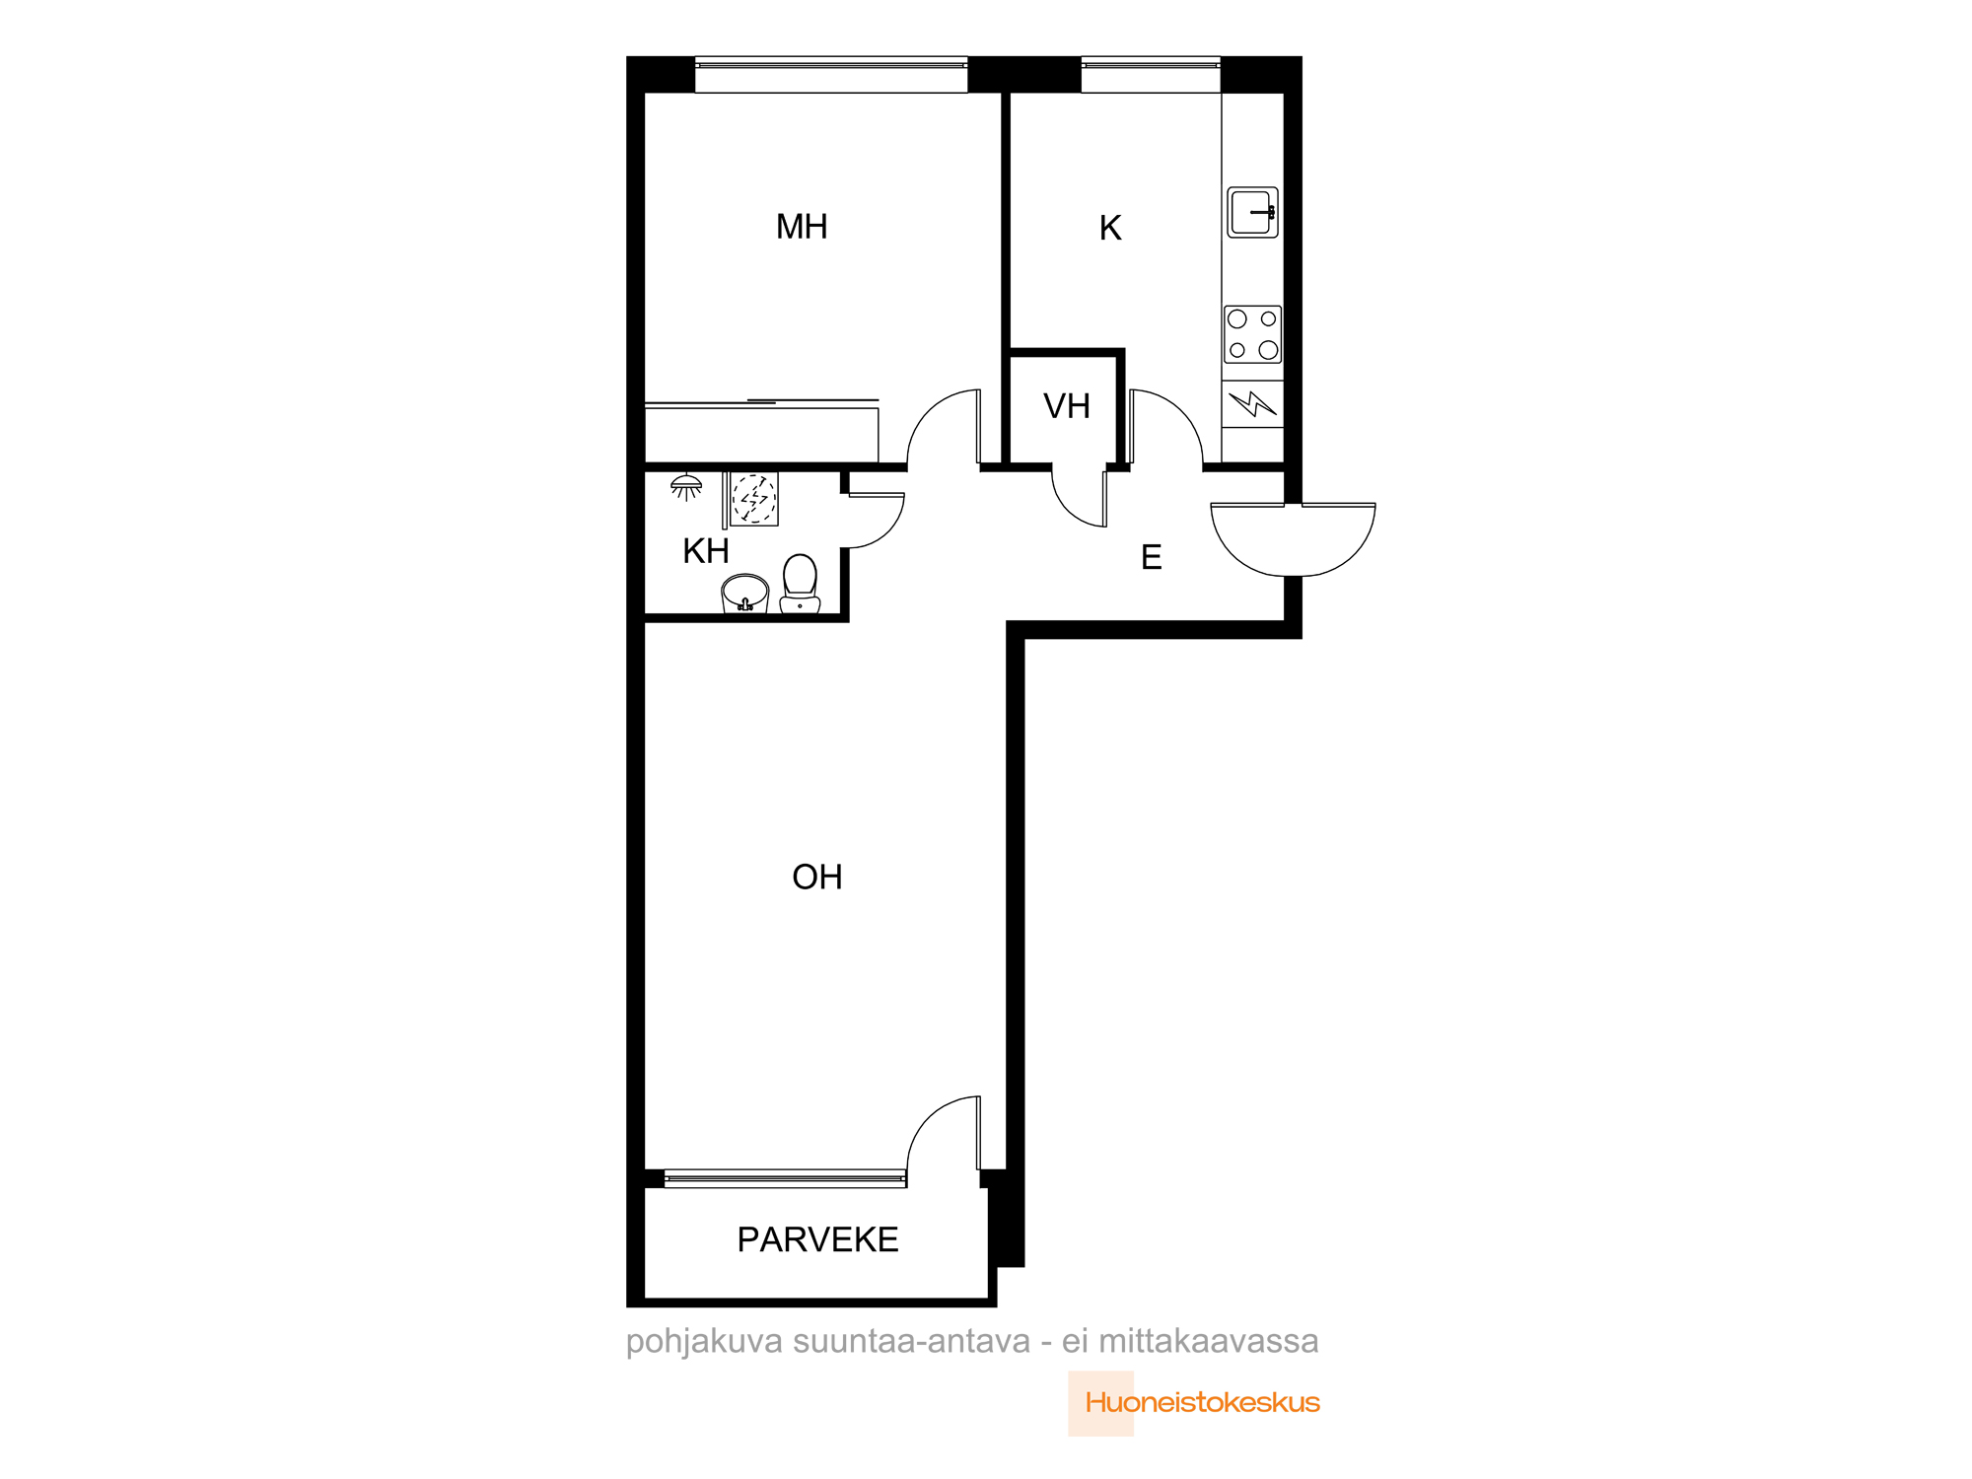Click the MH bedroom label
(801, 227)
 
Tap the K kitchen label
(1109, 229)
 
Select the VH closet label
(1066, 406)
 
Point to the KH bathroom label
(705, 551)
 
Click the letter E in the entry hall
(1151, 558)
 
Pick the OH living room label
(816, 878)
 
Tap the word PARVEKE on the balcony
(817, 1239)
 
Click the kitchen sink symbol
(1252, 212)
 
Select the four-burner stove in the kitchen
(1252, 334)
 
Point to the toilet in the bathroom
(800, 583)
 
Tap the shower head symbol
(686, 486)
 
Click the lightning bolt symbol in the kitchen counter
(1252, 403)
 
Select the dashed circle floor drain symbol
(754, 498)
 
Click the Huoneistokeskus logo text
(1202, 1403)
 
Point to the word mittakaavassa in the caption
(1208, 1341)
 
